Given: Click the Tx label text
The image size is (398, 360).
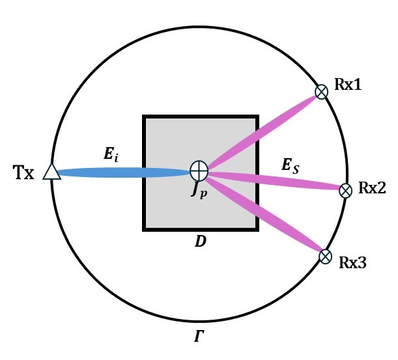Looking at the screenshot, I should (x=24, y=174).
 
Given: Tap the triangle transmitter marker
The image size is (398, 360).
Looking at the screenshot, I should (x=51, y=172).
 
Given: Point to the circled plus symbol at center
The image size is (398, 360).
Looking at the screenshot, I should (x=199, y=171).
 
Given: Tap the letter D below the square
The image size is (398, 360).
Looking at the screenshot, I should (x=201, y=242).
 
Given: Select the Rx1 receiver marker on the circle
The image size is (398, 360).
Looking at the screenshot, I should (x=321, y=92).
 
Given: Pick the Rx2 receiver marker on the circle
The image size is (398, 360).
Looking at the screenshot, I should (x=346, y=189).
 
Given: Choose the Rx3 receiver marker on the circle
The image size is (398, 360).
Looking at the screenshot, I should (x=325, y=256).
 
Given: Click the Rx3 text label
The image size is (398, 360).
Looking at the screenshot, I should (x=352, y=262).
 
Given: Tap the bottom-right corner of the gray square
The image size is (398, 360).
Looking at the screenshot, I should (x=257, y=229).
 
